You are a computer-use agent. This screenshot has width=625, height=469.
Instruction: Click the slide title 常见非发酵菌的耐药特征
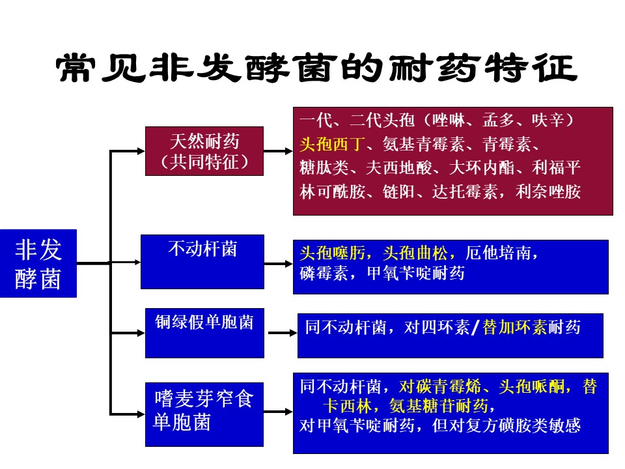[317, 68]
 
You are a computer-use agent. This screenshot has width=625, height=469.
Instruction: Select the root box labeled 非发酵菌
[38, 263]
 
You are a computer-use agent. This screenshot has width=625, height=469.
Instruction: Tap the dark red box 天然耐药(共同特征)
[204, 151]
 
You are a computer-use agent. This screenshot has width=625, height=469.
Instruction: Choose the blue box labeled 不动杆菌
[202, 261]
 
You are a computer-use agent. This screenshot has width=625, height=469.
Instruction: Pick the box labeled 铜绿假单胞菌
[204, 333]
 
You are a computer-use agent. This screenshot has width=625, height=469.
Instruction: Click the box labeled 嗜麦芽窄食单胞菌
[204, 414]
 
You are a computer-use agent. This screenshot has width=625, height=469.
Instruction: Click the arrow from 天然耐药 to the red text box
[278, 151]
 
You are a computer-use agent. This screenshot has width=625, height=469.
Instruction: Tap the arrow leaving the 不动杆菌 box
[278, 264]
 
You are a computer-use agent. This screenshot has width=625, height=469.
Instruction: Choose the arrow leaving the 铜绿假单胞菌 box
[281, 333]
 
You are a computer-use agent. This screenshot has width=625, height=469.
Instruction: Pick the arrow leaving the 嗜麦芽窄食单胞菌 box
[278, 412]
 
